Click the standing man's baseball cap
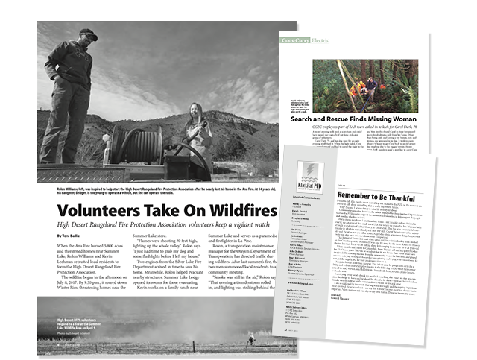coord(89,35)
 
